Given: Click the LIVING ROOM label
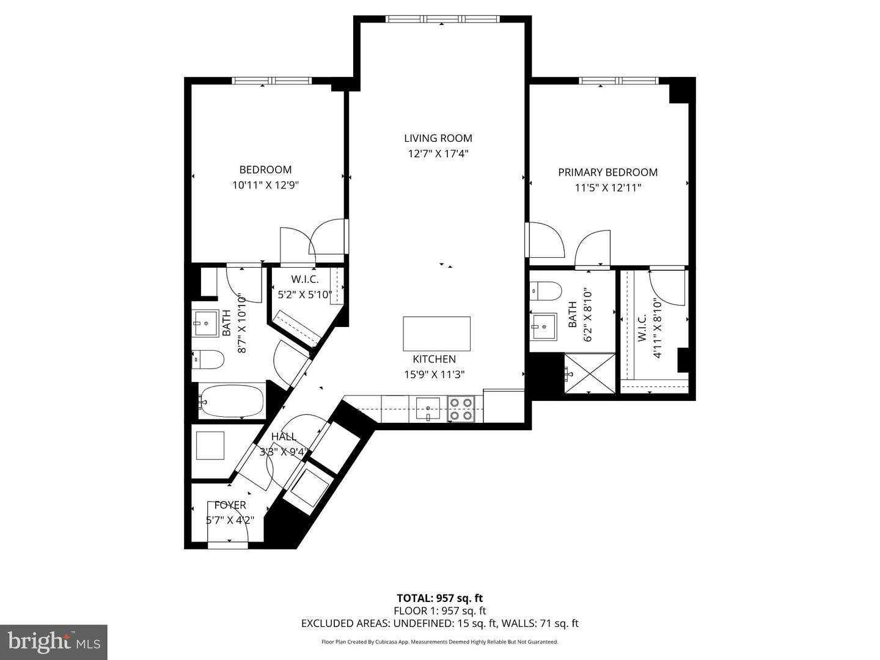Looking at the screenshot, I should click(x=438, y=139).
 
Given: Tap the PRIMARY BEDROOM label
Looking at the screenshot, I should click(x=607, y=172).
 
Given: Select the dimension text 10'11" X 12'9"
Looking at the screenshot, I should click(x=265, y=185).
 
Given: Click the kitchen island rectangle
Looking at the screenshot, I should click(x=436, y=333).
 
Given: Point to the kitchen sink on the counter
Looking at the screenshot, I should click(x=427, y=407).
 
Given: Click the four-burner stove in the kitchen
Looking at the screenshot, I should click(x=461, y=408).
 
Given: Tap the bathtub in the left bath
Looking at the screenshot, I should click(x=231, y=401).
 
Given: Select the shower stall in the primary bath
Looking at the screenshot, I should click(x=590, y=373).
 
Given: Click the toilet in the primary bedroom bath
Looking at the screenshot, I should click(x=545, y=291).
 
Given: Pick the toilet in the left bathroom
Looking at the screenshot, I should click(x=208, y=359).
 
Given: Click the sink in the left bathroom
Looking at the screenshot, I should click(x=207, y=323).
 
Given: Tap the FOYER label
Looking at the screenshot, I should click(x=230, y=505).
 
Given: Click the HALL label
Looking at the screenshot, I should click(x=284, y=436).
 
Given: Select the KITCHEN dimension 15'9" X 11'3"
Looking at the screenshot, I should click(x=434, y=375).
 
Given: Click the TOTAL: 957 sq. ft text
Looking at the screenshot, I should click(x=439, y=598).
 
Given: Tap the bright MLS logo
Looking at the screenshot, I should click(x=54, y=642).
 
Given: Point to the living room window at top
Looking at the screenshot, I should click(x=443, y=19).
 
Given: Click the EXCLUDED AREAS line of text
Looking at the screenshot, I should click(x=439, y=623).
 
